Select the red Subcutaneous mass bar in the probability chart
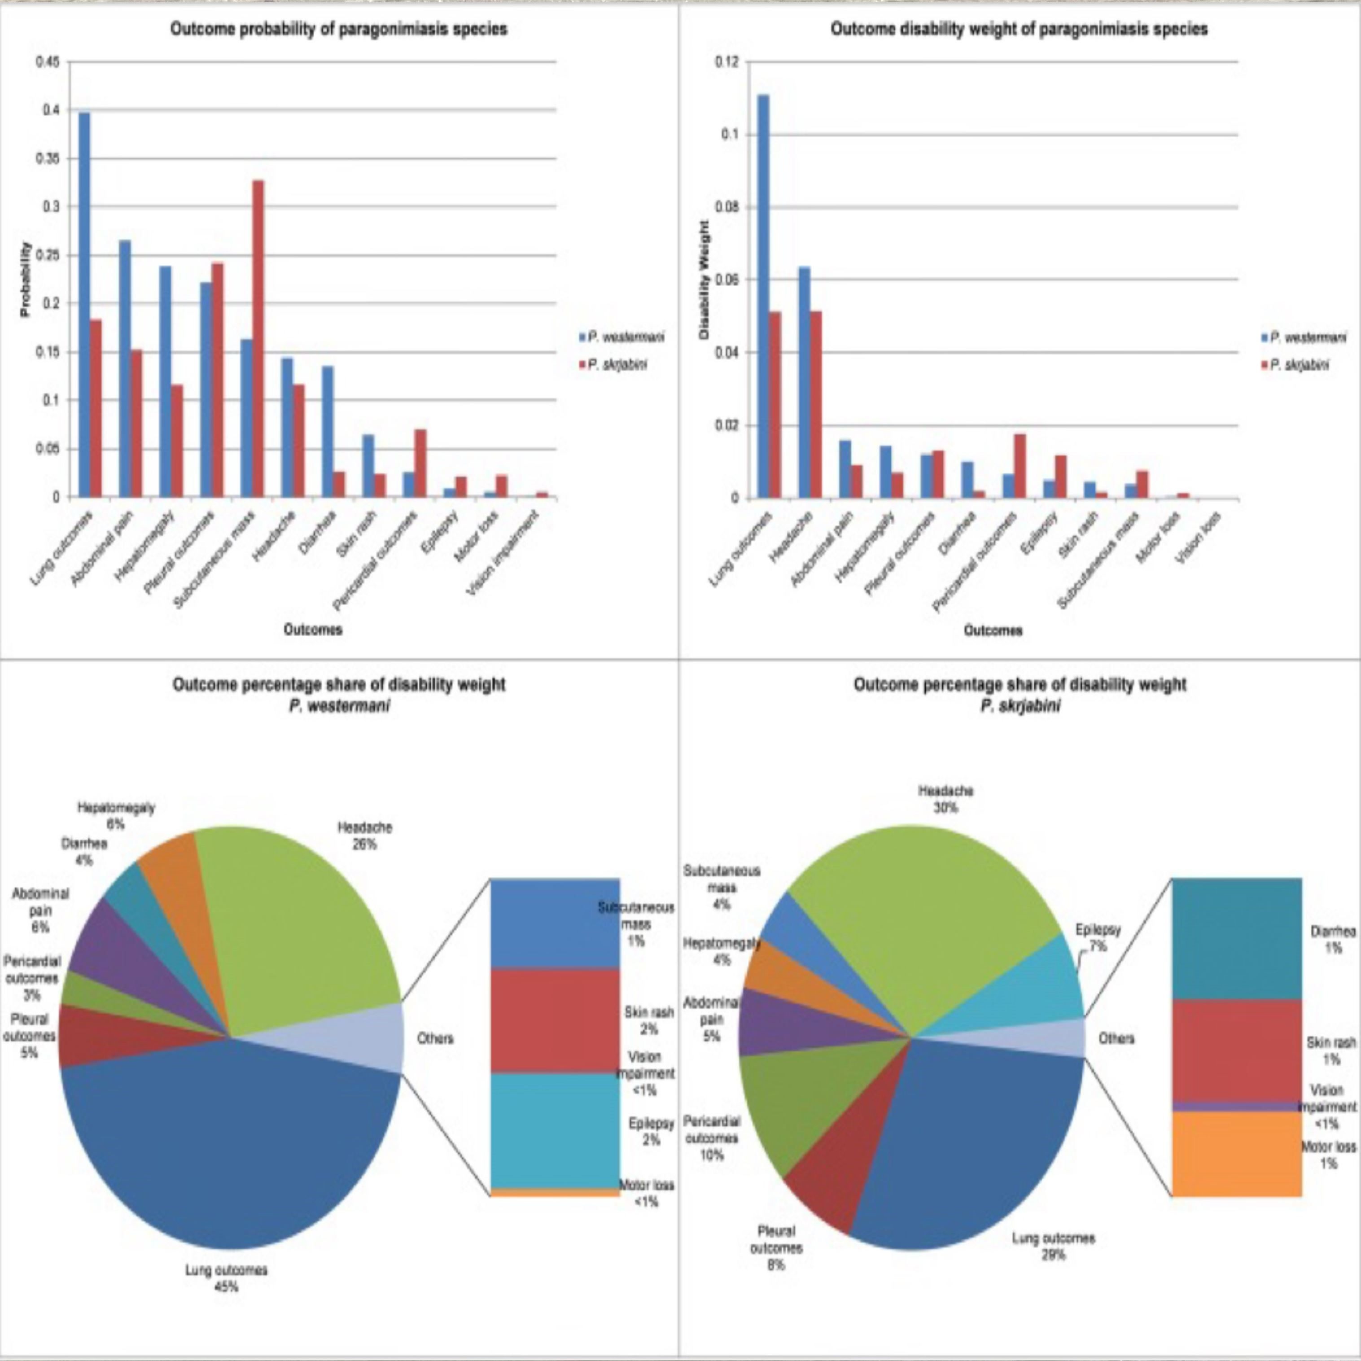coord(258,339)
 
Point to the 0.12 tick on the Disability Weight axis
coord(728,62)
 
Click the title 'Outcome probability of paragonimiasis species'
coord(339,30)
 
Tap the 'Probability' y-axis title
coord(26,279)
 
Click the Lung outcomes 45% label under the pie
coord(227,1278)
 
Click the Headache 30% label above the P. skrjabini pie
coord(945,799)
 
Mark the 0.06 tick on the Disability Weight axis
coord(728,280)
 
